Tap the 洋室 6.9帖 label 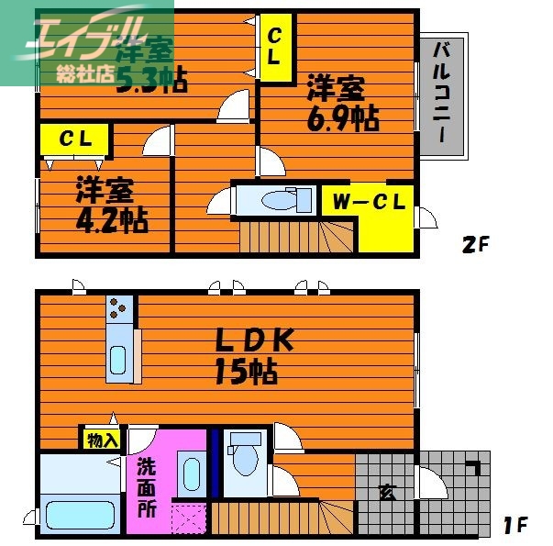tap(340, 103)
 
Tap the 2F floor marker tap(475, 245)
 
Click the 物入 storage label tap(102, 440)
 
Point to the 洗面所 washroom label tap(147, 486)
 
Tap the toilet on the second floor tap(279, 199)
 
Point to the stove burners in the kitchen tap(119, 309)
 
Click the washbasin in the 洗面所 tap(191, 474)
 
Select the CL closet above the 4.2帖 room tap(74, 139)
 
